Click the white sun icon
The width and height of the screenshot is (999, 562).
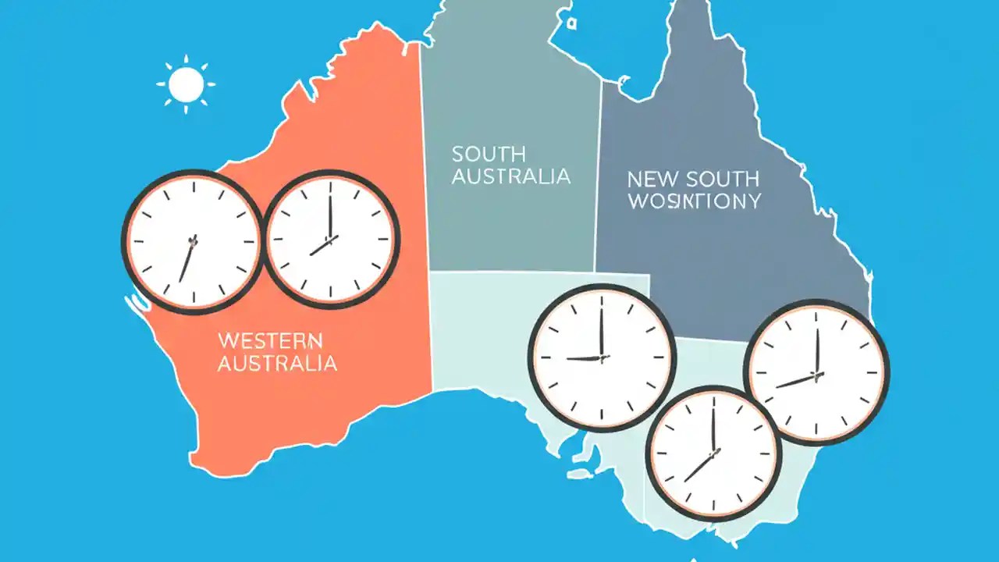(186, 84)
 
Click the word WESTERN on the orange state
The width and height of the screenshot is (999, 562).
(269, 341)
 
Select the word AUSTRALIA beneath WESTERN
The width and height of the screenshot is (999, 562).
(277, 363)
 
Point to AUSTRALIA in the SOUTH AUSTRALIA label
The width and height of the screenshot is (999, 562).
(510, 176)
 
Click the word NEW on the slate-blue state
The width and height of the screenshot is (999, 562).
(649, 180)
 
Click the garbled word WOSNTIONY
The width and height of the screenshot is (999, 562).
(694, 201)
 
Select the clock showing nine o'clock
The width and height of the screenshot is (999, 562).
(602, 357)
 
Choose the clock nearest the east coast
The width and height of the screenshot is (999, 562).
(816, 372)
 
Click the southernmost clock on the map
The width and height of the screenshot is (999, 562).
(713, 454)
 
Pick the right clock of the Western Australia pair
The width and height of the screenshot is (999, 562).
(331, 238)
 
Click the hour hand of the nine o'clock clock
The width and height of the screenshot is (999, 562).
(583, 358)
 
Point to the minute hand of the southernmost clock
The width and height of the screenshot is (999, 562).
(713, 426)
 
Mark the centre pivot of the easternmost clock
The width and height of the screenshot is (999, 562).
(816, 375)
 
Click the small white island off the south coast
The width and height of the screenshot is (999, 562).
(578, 473)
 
